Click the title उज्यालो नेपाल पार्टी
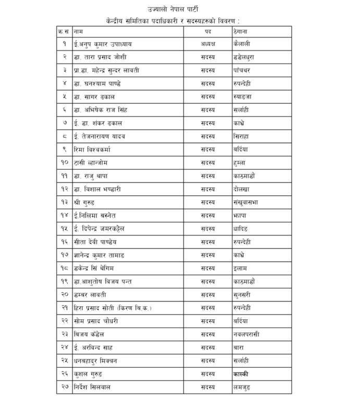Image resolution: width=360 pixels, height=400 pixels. point(180,9)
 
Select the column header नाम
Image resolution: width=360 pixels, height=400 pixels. point(79,32)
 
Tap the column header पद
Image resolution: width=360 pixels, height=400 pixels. point(207,32)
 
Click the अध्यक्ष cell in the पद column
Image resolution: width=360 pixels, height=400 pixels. point(208,44)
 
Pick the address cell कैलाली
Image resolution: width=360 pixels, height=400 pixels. point(243,44)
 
